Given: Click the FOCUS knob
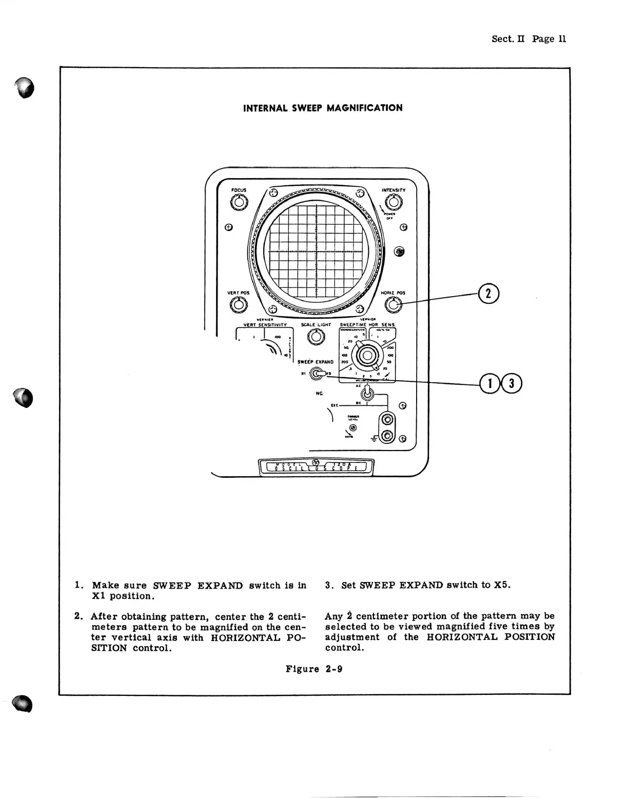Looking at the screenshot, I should [x=239, y=203].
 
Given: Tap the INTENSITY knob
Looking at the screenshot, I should [x=394, y=203].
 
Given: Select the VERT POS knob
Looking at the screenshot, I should [x=238, y=305].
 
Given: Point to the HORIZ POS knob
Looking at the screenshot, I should [x=394, y=305].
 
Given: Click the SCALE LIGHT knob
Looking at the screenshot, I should [x=316, y=337].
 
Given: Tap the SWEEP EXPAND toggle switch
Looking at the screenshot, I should [x=317, y=375].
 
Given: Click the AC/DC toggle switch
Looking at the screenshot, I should [x=366, y=394].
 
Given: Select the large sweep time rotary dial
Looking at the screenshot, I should [x=366, y=355].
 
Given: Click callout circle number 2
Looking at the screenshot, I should [x=488, y=294].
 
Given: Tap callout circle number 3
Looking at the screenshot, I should [x=512, y=383].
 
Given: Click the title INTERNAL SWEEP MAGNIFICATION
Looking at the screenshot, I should [x=323, y=108].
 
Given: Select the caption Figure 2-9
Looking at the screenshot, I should [x=314, y=669].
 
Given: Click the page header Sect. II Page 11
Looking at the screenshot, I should [x=528, y=39].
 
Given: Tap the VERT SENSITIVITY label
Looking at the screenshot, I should [x=265, y=325].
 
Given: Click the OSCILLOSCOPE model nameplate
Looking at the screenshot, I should [x=316, y=466].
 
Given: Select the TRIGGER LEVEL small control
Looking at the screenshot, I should [x=352, y=427].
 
